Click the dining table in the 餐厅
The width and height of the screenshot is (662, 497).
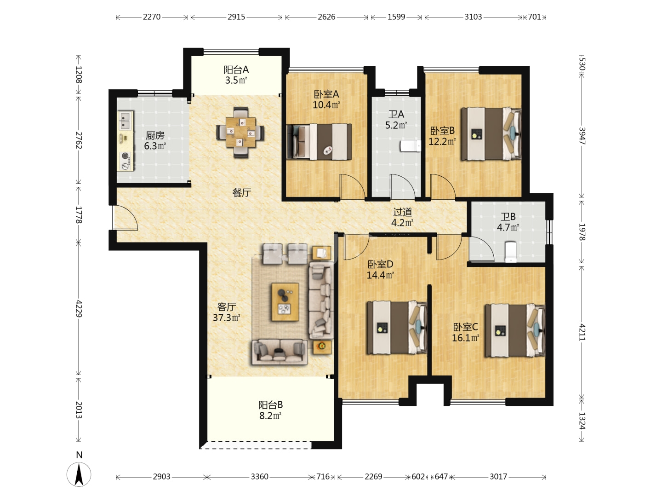coord(240,132)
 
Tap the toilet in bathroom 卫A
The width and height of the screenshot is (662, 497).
coord(411,146)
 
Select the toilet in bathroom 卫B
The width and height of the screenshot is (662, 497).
coord(511,251)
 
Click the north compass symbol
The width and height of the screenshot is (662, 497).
coord(79,474)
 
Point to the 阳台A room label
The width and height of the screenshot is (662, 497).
coord(236,69)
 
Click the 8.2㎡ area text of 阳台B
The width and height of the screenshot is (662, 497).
coord(270,416)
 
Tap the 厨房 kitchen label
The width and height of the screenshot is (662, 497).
coord(155,135)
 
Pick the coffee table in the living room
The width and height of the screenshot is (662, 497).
coord(285,302)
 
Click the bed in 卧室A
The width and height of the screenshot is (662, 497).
coord(319,142)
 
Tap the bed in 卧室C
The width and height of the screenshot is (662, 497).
coord(515,330)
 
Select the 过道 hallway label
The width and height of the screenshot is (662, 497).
coord(402,212)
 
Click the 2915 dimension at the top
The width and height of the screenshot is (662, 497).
coord(236,17)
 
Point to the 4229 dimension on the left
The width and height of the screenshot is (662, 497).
coord(79,308)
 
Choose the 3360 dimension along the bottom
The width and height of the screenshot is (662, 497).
coord(259,476)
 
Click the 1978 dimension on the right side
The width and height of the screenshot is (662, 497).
coord(582,232)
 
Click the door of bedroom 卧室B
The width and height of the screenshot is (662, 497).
coord(442,186)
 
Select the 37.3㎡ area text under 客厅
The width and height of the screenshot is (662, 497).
coord(226,318)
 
